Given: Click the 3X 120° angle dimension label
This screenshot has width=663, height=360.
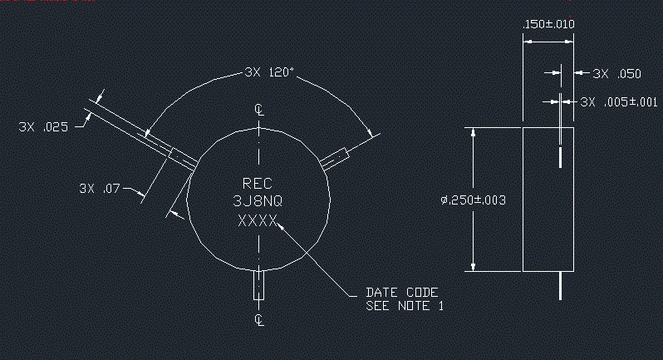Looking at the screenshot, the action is [x=269, y=72].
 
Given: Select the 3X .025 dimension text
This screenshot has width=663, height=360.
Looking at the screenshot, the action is [x=43, y=127].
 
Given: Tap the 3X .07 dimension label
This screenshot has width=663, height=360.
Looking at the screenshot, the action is [x=100, y=188].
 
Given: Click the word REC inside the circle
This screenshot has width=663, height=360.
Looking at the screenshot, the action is [x=257, y=184].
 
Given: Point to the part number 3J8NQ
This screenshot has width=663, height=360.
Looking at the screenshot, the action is [x=258, y=201].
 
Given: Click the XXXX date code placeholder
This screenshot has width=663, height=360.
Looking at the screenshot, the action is [x=258, y=220].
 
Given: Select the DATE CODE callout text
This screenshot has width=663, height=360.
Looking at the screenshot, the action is [x=401, y=293].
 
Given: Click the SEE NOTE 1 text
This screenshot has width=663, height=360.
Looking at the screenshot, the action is [x=405, y=306].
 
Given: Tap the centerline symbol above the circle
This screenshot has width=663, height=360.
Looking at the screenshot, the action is [x=259, y=110].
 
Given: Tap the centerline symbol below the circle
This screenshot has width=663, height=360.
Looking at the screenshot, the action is [x=259, y=320].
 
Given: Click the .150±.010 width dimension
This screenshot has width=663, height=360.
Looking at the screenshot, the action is [x=548, y=24].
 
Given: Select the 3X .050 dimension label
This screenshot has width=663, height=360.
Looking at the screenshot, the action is [x=616, y=74].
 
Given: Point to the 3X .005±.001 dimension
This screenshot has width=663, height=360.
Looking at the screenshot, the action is [x=619, y=102].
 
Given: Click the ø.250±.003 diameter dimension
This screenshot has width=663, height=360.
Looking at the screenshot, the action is [x=473, y=200].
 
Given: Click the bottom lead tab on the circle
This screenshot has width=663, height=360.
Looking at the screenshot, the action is [x=258, y=284].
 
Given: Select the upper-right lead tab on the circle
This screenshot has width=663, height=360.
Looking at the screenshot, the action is [x=334, y=159].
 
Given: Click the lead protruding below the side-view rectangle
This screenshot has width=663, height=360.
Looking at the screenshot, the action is [x=561, y=286].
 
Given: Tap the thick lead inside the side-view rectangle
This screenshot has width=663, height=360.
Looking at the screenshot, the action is [x=561, y=157].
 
